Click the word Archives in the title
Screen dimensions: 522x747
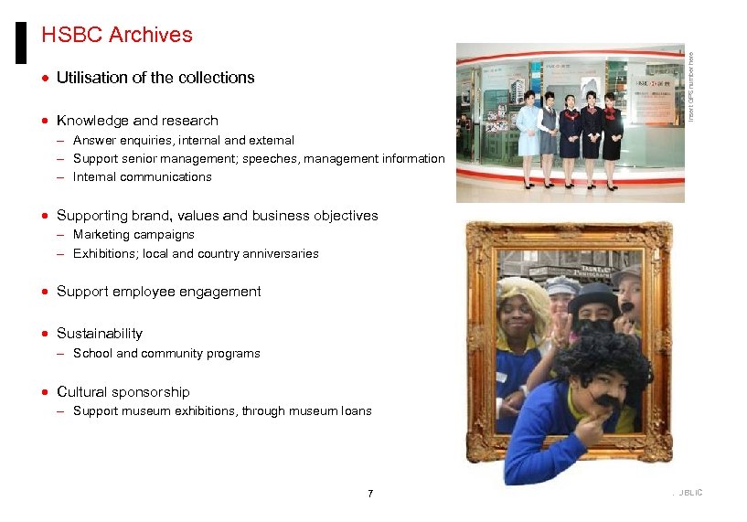(150, 35)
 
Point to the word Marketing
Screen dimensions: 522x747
(102, 235)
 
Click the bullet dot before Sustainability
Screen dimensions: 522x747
(46, 334)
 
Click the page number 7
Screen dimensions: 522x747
(370, 495)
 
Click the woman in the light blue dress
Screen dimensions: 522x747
(528, 137)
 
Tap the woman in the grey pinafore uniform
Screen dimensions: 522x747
(549, 137)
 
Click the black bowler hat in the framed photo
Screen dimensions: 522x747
(593, 297)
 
